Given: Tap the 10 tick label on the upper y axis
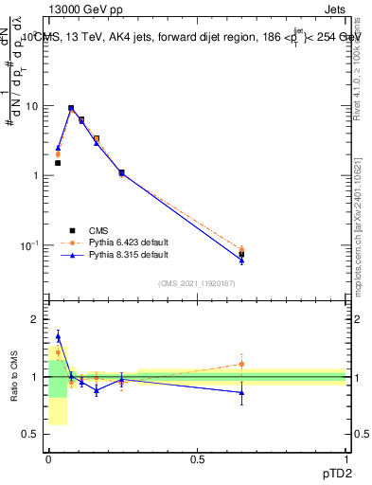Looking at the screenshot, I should pyautogui.click(x=33, y=106).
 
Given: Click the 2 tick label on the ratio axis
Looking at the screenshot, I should pyautogui.click(x=36, y=320).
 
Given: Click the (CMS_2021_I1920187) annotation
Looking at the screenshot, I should pyautogui.click(x=196, y=283).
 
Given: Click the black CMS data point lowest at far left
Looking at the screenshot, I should pyautogui.click(x=58, y=163).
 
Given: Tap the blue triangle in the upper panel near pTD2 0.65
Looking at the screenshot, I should pyautogui.click(x=241, y=260).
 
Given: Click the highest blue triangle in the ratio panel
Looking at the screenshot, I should pyautogui.click(x=58, y=336).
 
